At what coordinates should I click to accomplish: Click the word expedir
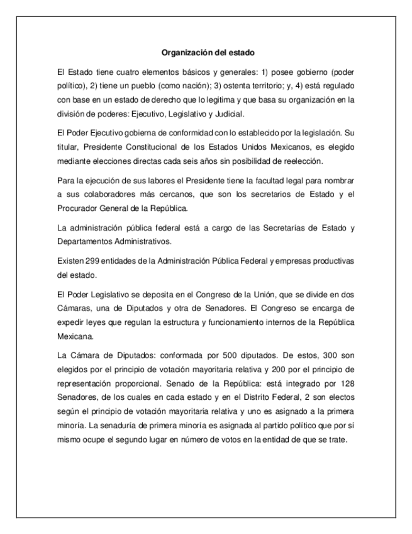(69, 322)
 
